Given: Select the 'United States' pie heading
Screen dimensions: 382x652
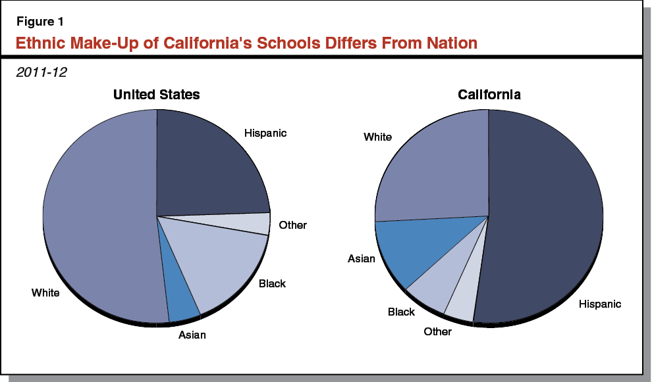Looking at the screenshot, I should pos(156,95).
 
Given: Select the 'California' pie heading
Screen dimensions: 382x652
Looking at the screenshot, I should pos(489,95).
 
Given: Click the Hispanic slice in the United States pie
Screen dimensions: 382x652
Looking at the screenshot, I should pos(207,168).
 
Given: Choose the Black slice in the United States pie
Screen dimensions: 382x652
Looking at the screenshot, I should pos(224,263).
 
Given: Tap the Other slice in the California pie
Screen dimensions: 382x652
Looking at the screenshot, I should pos(461,306).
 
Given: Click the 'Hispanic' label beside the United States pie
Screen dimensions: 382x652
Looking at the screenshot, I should pos(265,133).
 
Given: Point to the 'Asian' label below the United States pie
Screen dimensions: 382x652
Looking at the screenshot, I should pos(192,335).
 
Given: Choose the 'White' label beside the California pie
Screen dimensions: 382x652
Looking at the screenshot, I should pos(377,137).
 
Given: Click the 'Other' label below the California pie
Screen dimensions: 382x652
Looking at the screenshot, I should pos(437,332).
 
